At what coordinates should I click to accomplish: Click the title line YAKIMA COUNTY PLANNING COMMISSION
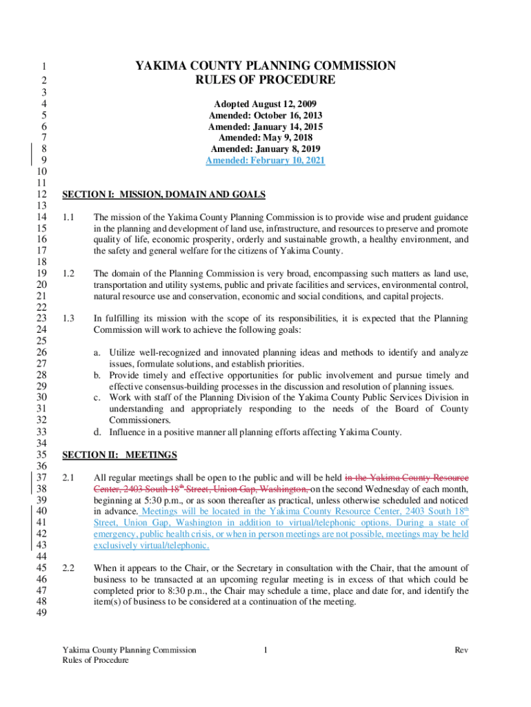click(x=265, y=66)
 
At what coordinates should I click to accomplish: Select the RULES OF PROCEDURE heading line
click(x=265, y=80)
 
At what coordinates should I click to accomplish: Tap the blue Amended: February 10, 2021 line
click(x=265, y=160)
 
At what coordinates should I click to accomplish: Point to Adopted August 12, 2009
click(x=265, y=104)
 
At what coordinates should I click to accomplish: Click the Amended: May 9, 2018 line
click(x=265, y=137)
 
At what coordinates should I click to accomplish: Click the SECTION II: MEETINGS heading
click(x=119, y=455)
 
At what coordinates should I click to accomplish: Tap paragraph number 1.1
click(x=68, y=217)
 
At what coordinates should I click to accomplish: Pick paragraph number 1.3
click(x=68, y=318)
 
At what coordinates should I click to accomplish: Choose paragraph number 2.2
click(x=68, y=568)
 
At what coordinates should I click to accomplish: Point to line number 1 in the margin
click(x=43, y=67)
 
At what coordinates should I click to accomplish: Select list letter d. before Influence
click(x=97, y=432)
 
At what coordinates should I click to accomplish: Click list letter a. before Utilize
click(x=97, y=353)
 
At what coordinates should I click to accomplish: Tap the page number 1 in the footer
click(x=265, y=650)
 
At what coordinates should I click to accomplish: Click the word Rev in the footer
click(x=461, y=650)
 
